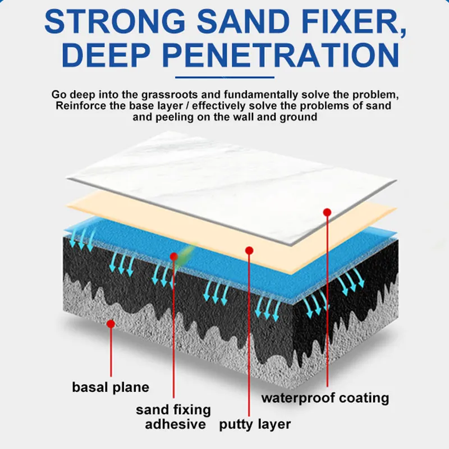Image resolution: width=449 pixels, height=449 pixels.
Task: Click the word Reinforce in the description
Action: (x=80, y=106)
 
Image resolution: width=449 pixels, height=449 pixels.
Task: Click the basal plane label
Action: (x=111, y=387)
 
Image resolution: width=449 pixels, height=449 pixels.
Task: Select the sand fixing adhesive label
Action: (x=174, y=417)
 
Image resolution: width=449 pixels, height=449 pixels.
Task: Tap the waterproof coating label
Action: (x=326, y=398)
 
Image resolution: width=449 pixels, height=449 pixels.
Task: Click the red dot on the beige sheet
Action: (x=250, y=250)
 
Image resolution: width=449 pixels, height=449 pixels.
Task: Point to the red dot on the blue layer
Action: (x=174, y=256)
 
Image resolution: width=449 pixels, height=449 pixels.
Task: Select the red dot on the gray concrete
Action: (x=111, y=324)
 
